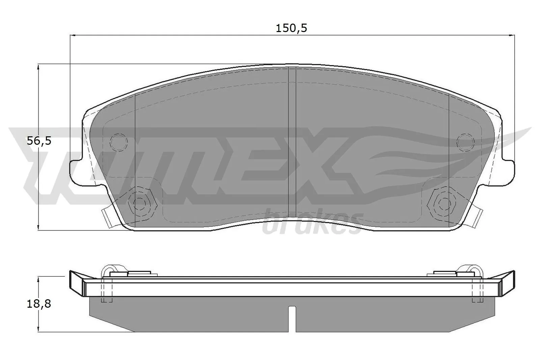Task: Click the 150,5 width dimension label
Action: click(291, 28)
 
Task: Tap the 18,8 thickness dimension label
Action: click(39, 304)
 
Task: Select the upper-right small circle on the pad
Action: click(465, 142)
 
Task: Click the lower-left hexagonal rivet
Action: click(141, 202)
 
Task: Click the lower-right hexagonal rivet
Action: click(443, 202)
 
